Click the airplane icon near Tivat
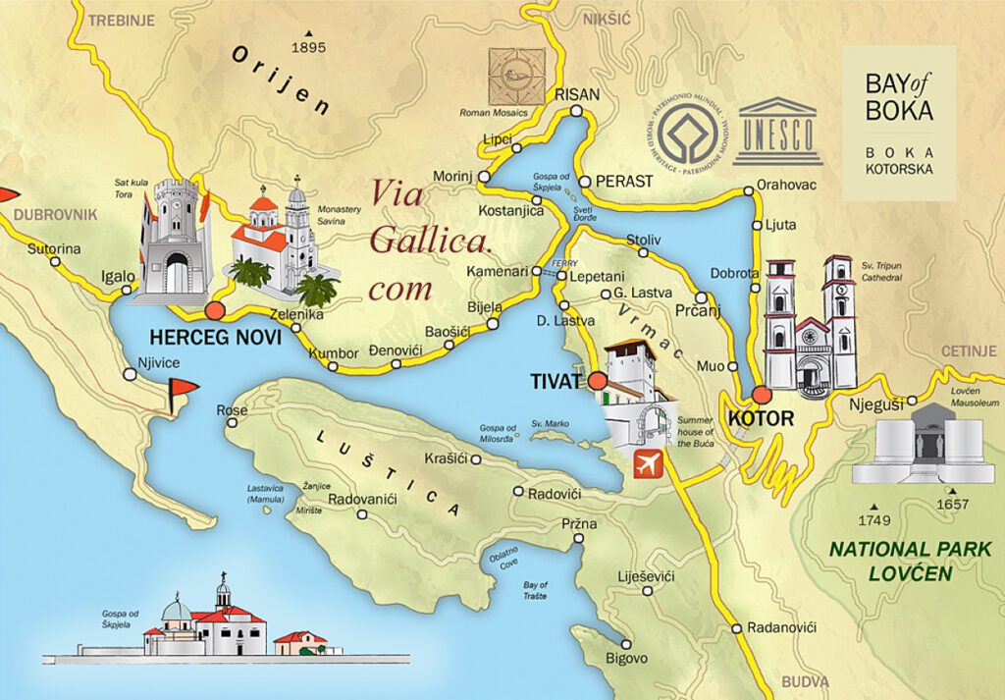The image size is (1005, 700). click(647, 463)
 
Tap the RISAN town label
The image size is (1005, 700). click(576, 95)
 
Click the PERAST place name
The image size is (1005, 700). click(623, 182)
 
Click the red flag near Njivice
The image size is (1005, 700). click(181, 389)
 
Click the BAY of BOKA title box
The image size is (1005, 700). click(899, 123)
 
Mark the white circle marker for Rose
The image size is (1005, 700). click(233, 423)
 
